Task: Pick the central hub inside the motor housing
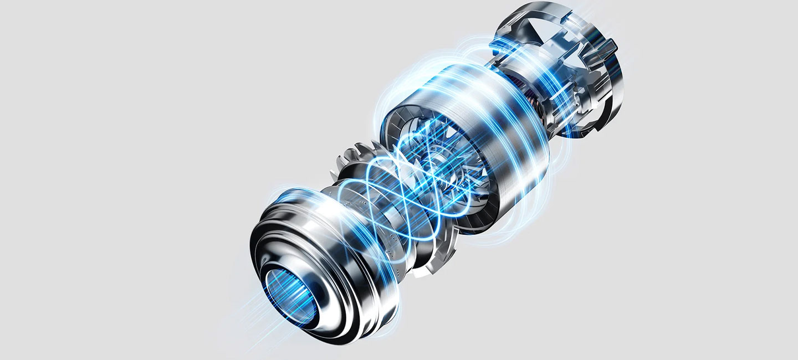[x=438, y=161]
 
